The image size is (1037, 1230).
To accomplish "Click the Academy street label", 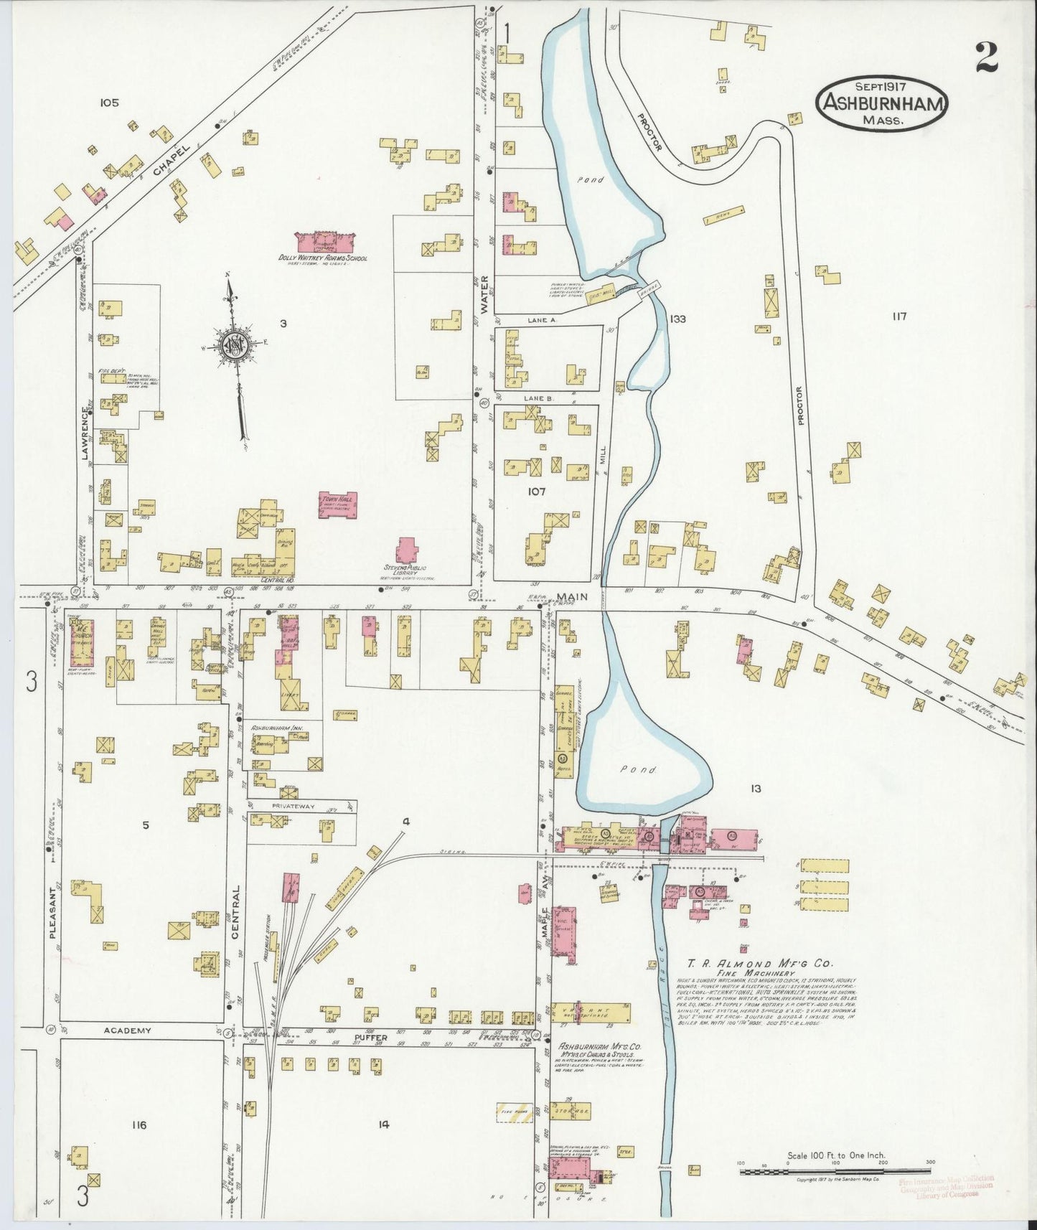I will pyautogui.click(x=127, y=1031).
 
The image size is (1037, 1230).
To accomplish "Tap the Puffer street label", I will pyautogui.click(x=370, y=1037).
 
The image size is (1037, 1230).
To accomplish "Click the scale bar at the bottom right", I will pyautogui.click(x=835, y=1172).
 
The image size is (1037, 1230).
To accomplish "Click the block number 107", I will pyautogui.click(x=536, y=492).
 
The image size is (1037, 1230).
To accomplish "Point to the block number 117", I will pyautogui.click(x=900, y=316).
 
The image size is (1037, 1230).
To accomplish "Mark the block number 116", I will pyautogui.click(x=139, y=1125).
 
